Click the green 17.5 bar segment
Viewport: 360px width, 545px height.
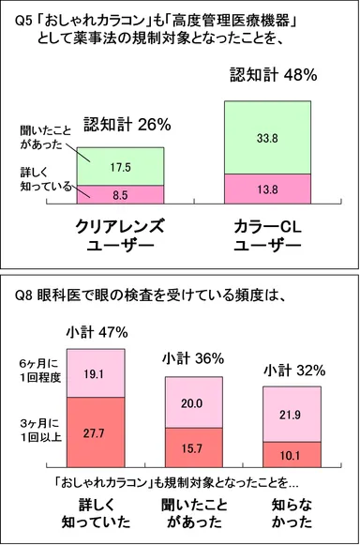pos(119,166)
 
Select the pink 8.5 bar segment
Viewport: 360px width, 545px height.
pos(119,195)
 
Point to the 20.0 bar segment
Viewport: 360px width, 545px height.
pos(192,401)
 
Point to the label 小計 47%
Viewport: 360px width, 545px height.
pos(97,331)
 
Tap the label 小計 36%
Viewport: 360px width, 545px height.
pos(193,357)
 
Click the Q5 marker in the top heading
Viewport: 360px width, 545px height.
pos(13,19)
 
